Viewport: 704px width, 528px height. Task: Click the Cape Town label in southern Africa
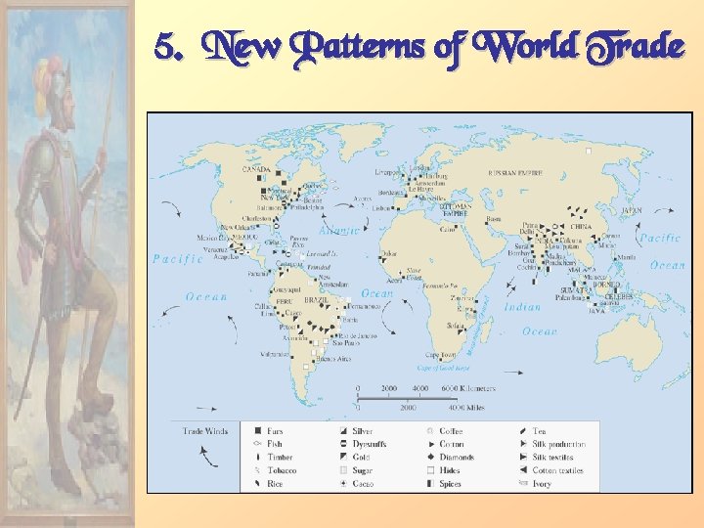click(x=440, y=355)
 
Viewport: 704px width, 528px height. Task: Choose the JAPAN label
click(x=634, y=210)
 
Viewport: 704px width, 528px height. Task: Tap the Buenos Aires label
click(x=331, y=359)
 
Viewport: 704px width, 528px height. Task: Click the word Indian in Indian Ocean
click(x=521, y=307)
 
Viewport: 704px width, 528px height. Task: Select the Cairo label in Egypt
click(x=448, y=229)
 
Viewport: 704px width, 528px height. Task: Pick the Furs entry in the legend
click(x=275, y=431)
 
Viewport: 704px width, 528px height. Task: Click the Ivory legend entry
click(x=542, y=484)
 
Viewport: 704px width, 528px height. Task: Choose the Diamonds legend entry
click(x=456, y=458)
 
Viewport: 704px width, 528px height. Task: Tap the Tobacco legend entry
click(x=282, y=470)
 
